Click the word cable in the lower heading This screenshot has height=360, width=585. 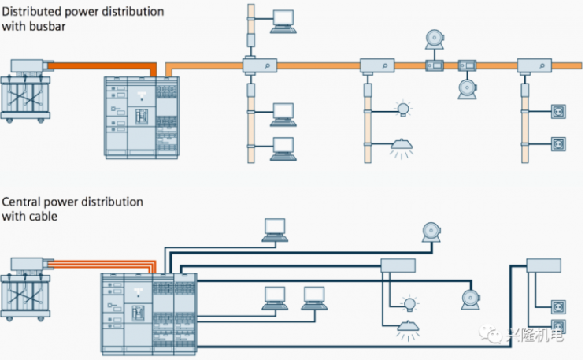(46, 215)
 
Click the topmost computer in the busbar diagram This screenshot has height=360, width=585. (283, 20)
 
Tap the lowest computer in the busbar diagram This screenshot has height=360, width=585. (283, 149)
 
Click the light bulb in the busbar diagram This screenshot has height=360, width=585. (404, 109)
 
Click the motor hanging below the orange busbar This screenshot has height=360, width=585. (467, 87)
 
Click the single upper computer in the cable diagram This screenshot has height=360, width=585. (276, 228)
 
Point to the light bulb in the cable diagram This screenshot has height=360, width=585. (409, 302)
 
